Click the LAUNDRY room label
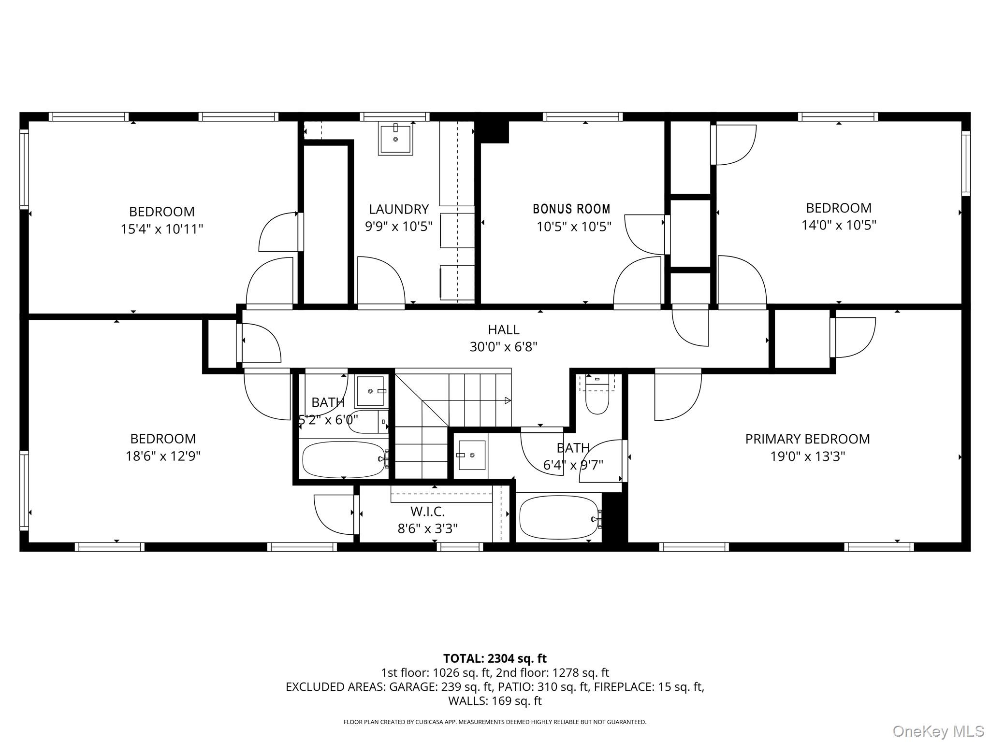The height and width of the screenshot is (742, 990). tap(399, 209)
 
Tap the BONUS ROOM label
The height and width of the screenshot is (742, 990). tap(571, 209)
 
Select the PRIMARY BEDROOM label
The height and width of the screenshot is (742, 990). tap(807, 439)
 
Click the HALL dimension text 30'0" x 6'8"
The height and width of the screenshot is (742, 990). tap(503, 347)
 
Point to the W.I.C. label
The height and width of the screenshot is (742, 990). tap(427, 511)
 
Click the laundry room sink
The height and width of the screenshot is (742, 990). tap(395, 139)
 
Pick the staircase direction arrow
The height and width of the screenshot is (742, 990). tap(507, 400)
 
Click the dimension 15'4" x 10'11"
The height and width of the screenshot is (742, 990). tap(162, 229)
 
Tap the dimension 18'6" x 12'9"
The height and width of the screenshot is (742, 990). tap(163, 456)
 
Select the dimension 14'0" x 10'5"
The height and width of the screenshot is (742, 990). tap(839, 225)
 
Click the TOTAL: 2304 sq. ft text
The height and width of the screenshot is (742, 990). tap(495, 658)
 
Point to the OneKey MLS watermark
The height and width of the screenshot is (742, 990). tap(938, 731)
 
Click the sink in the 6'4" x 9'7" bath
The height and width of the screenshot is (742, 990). tap(471, 455)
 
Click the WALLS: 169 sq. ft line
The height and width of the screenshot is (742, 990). tap(495, 700)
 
